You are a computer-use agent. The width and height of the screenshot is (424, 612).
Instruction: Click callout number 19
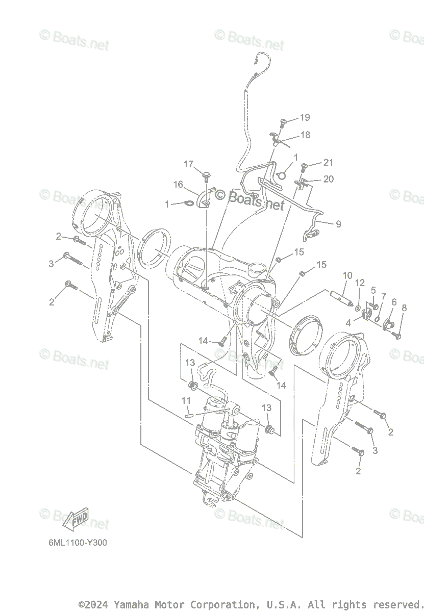[x=305, y=118]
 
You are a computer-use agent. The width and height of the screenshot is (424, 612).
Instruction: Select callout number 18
[x=305, y=135]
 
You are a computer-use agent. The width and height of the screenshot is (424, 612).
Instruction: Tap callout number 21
[x=328, y=163]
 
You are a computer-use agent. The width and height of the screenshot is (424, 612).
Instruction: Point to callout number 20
[x=328, y=179]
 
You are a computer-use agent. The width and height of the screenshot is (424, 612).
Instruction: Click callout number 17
[x=189, y=164]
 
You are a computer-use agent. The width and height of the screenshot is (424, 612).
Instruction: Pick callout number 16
[x=178, y=185]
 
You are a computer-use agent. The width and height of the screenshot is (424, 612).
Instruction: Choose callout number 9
[x=338, y=224]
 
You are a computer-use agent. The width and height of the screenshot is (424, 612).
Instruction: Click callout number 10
[x=347, y=276]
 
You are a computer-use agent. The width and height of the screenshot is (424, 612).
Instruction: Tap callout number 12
[x=360, y=283]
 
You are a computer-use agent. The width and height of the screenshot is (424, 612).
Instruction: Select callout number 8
[x=404, y=308]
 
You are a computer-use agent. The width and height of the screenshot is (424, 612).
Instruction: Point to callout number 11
[x=186, y=401]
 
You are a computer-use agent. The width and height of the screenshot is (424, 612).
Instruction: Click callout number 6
[x=394, y=302]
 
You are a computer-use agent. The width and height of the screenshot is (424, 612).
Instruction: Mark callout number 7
[x=384, y=296]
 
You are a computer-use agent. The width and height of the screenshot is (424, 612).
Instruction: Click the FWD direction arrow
[x=75, y=519]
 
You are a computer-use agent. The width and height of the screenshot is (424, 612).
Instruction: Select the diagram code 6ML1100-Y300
[x=78, y=543]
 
